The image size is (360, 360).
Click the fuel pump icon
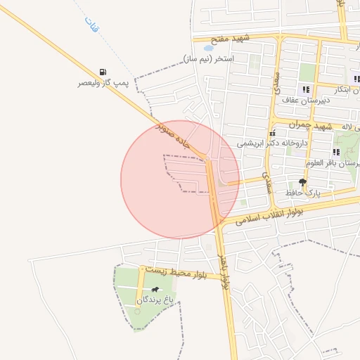click(104, 72)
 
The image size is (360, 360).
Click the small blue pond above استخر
click(209, 49)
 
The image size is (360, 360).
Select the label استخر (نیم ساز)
click(209, 58)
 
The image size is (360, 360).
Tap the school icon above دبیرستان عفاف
click(306, 89)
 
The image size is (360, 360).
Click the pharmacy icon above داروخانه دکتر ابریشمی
click(272, 133)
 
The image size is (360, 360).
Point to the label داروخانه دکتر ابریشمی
click(272, 143)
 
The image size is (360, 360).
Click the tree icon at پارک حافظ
click(302, 182)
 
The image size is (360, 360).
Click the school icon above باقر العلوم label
click(336, 152)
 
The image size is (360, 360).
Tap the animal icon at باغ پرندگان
click(155, 289)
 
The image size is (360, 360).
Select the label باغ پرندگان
click(154, 300)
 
